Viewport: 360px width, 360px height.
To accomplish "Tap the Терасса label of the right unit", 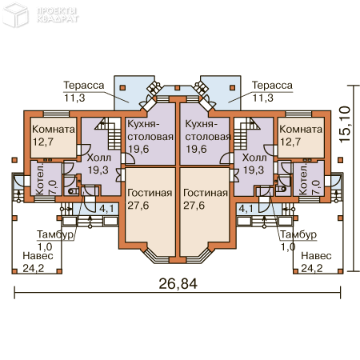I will coord(272,91).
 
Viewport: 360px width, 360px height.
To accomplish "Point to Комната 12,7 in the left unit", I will coord(54,136).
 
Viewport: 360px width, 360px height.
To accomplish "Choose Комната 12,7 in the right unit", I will coord(301,136).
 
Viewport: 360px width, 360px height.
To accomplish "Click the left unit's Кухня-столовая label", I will coord(150,137).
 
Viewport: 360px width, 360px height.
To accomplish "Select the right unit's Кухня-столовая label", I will coord(207,137).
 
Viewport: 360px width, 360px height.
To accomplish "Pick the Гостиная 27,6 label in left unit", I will coord(150,199).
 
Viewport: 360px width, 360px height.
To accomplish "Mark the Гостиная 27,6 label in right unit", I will coord(205,199).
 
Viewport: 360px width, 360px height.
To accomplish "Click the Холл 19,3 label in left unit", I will coord(99,165).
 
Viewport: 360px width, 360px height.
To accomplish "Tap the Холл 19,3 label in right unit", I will coord(254,165).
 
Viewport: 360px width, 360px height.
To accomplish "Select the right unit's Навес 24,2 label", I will coord(317,261).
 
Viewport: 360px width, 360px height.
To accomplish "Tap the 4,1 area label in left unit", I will coord(106,209).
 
